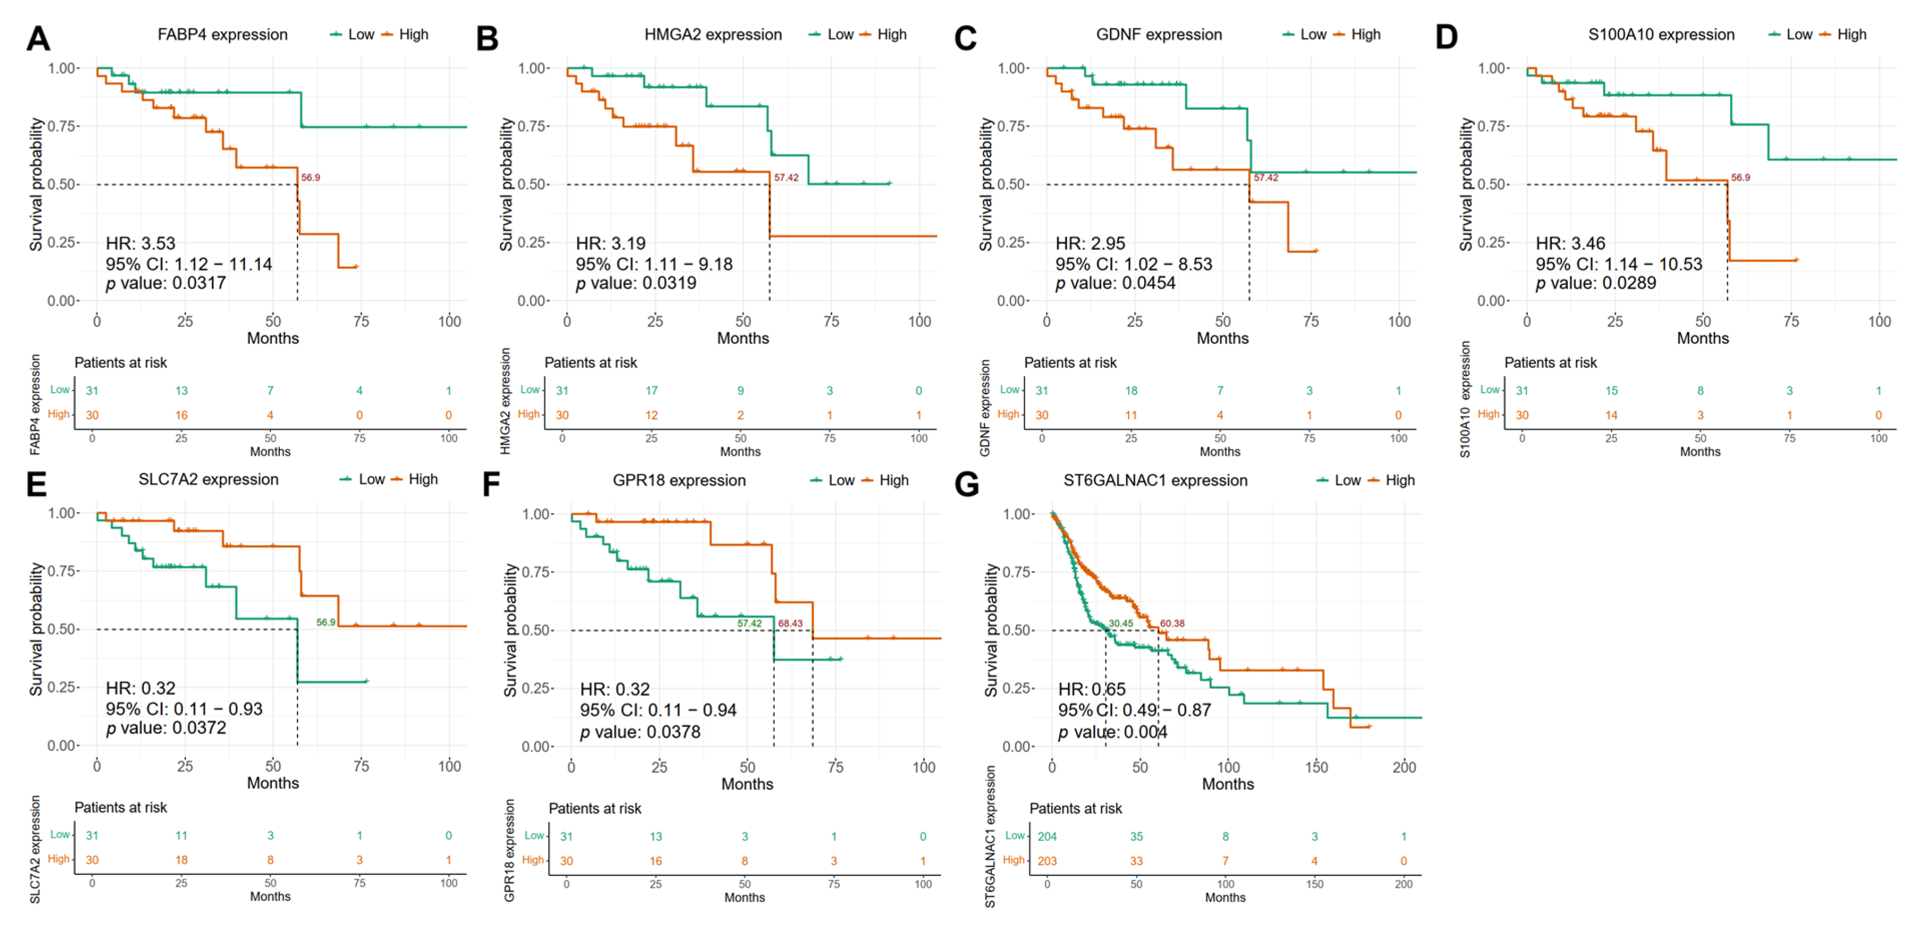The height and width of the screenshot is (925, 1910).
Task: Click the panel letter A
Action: coord(38,38)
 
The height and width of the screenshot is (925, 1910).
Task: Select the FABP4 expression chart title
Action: coord(222,35)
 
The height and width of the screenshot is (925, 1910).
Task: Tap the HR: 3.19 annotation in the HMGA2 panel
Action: coord(610,243)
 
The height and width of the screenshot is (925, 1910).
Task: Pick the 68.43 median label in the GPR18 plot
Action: coord(790,623)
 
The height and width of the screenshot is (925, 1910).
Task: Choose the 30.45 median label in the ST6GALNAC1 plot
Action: coord(1120,623)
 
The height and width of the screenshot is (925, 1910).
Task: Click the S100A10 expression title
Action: coord(1661,35)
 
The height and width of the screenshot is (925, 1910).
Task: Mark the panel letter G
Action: coord(967,485)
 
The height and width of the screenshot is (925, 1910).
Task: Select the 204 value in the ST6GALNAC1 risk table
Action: coord(1047,837)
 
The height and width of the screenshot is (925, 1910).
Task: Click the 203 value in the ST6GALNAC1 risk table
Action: coord(1047,861)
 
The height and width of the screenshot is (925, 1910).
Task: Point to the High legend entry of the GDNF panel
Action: coord(1365,35)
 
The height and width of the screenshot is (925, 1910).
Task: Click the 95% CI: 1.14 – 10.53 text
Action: coord(1618,264)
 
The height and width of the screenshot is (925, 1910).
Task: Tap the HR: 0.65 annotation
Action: coord(1092,689)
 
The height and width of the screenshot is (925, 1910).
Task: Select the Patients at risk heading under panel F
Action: coord(594,808)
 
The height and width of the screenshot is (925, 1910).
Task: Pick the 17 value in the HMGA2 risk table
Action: coord(651,391)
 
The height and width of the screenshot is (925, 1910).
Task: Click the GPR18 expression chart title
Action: coord(679,481)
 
